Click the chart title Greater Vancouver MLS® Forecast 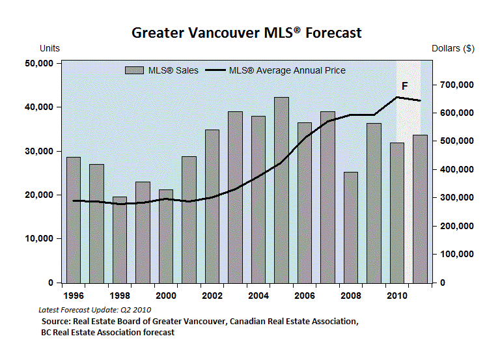point(247,33)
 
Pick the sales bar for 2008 point(351,227)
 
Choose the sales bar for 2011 point(421,208)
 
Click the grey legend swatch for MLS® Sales point(135,70)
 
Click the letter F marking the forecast point(405,86)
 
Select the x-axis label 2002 point(212,295)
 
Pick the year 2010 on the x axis point(397,295)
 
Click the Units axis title point(50,49)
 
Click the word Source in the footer point(56,321)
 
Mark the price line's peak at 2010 point(397,97)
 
